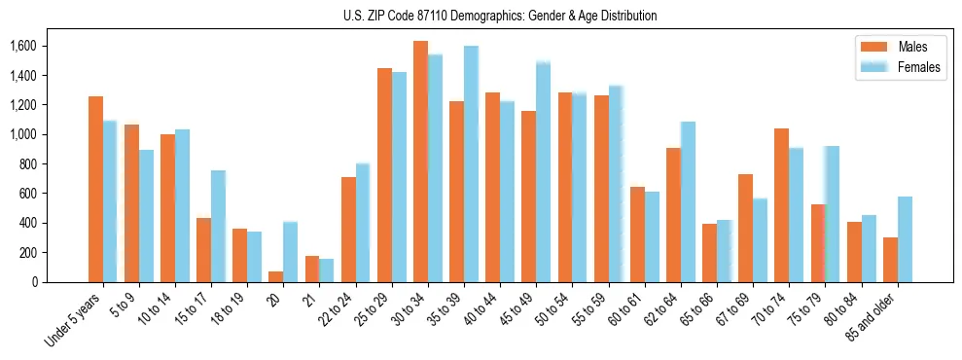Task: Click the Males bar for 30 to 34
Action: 420,162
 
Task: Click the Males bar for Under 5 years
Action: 95,189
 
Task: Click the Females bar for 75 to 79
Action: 833,214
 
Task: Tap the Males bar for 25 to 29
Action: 384,175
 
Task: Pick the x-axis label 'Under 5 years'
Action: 76,320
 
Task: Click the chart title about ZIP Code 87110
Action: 500,16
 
